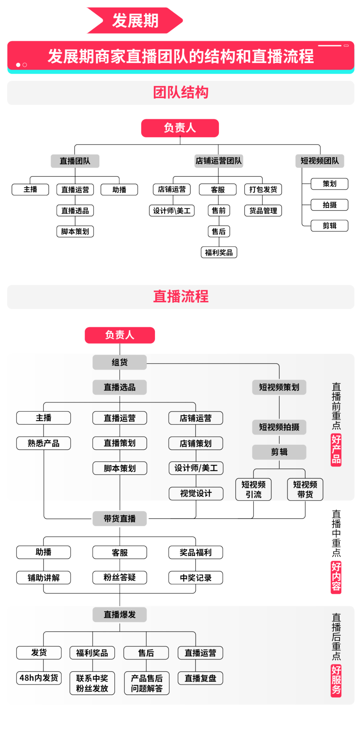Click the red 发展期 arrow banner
[x=135, y=21]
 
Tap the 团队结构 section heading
[x=181, y=93]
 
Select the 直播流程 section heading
[x=181, y=296]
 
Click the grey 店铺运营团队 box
[x=219, y=161]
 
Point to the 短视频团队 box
[x=320, y=161]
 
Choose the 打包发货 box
[x=263, y=190]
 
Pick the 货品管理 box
[x=263, y=211]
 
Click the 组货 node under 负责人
[x=120, y=362]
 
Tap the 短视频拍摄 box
[x=279, y=427]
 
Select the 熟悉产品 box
[x=44, y=443]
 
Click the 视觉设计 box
[x=196, y=494]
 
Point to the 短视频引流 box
[x=253, y=489]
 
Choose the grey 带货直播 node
[x=120, y=519]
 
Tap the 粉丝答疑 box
[x=120, y=578]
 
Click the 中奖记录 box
[x=196, y=578]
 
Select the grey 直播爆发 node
[x=120, y=614]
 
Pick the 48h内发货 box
[x=39, y=678]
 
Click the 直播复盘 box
[x=200, y=678]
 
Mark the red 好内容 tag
[x=336, y=577]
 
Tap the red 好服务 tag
[x=336, y=680]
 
